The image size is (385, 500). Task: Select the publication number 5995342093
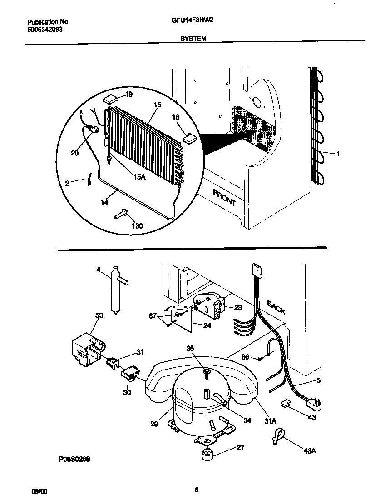[x=45, y=29]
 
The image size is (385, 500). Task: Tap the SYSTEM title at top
[x=193, y=39]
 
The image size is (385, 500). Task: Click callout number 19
[x=128, y=95]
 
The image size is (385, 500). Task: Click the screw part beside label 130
[x=121, y=213]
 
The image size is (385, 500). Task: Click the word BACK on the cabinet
[x=276, y=308]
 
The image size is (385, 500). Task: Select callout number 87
[x=154, y=315]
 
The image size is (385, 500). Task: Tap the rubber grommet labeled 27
[x=208, y=453]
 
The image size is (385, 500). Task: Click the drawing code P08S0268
[x=74, y=460]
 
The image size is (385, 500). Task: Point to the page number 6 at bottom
[x=196, y=490]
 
